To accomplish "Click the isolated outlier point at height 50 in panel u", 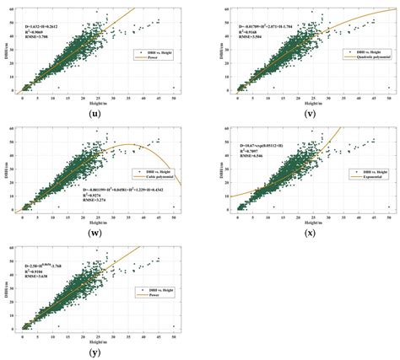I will tap(174, 87).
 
